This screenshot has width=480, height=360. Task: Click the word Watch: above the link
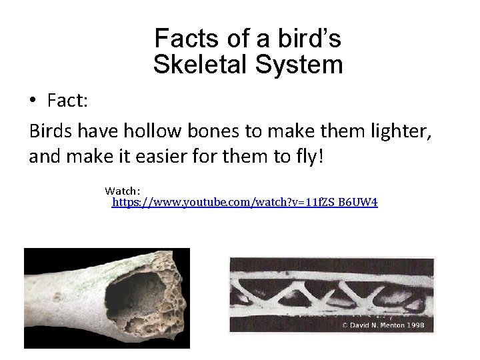[122, 191]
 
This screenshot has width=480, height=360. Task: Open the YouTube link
[244, 201]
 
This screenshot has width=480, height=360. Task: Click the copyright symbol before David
[345, 324]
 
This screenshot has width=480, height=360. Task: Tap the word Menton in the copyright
[393, 324]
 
